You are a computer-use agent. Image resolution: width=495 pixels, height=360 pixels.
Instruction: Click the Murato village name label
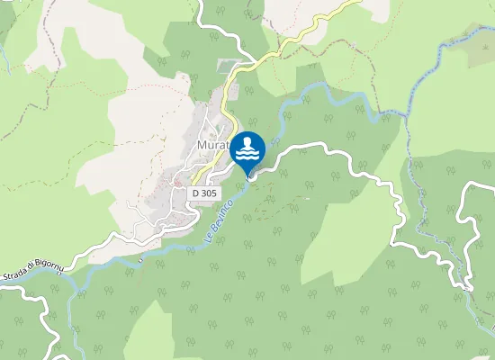[214, 146]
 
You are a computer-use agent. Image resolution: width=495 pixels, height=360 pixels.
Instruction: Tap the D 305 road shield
[203, 193]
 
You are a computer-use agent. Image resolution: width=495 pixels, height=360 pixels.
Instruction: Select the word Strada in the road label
[13, 263]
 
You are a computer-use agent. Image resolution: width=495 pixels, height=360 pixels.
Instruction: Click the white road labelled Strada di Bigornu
[90, 255]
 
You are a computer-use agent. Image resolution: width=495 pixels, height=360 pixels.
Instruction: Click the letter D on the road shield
[195, 193]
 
